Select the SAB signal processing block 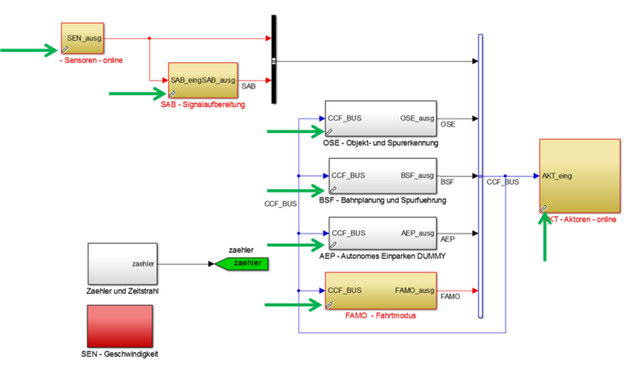pyautogui.click(x=203, y=80)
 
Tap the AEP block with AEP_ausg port pyautogui.click(x=381, y=233)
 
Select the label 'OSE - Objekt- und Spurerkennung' pyautogui.click(x=381, y=143)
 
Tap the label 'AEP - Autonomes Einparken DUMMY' pyautogui.click(x=382, y=256)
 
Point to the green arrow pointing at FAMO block pyautogui.click(x=292, y=304)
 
